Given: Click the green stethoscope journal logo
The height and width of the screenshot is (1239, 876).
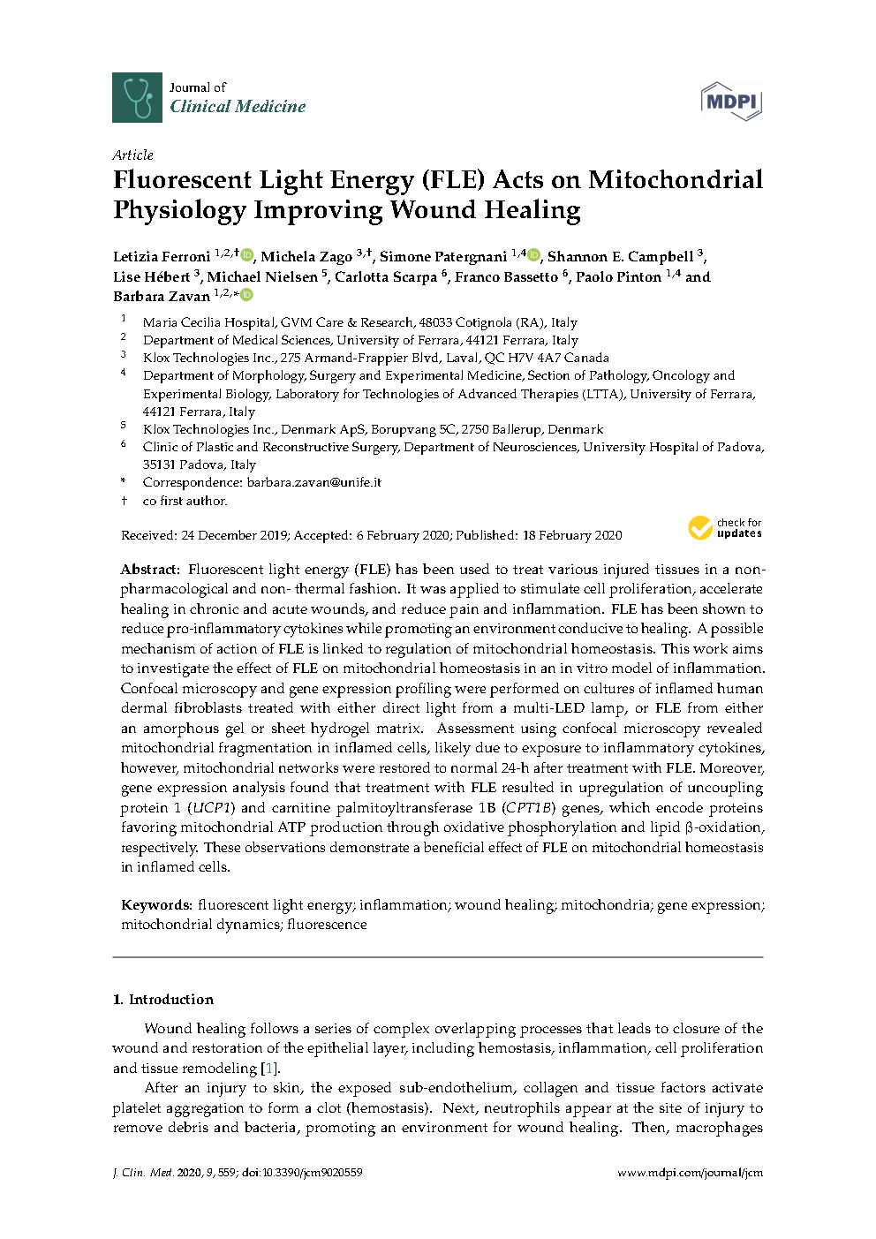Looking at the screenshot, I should pyautogui.click(x=137, y=97).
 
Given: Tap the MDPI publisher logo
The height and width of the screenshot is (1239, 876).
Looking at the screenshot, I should pyautogui.click(x=731, y=101).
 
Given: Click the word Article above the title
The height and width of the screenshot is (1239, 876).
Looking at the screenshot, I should pyautogui.click(x=132, y=155).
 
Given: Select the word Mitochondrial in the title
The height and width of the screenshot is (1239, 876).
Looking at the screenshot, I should pyautogui.click(x=676, y=180).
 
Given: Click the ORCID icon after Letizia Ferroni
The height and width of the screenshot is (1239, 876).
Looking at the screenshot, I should pyautogui.click(x=246, y=255).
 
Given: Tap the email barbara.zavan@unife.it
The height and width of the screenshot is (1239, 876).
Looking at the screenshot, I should pyautogui.click(x=313, y=482).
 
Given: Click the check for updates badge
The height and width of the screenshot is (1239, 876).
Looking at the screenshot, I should pyautogui.click(x=725, y=528).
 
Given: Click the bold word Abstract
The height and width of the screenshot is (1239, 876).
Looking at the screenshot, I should pyautogui.click(x=149, y=570).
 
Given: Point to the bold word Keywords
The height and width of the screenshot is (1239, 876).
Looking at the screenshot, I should pyautogui.click(x=155, y=905).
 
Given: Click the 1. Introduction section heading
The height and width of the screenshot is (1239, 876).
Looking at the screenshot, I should pyautogui.click(x=163, y=1000).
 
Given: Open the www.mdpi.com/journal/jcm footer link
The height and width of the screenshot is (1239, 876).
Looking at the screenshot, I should pyautogui.click(x=689, y=1173).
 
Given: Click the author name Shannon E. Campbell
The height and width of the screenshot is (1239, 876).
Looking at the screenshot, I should pyautogui.click(x=620, y=257).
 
